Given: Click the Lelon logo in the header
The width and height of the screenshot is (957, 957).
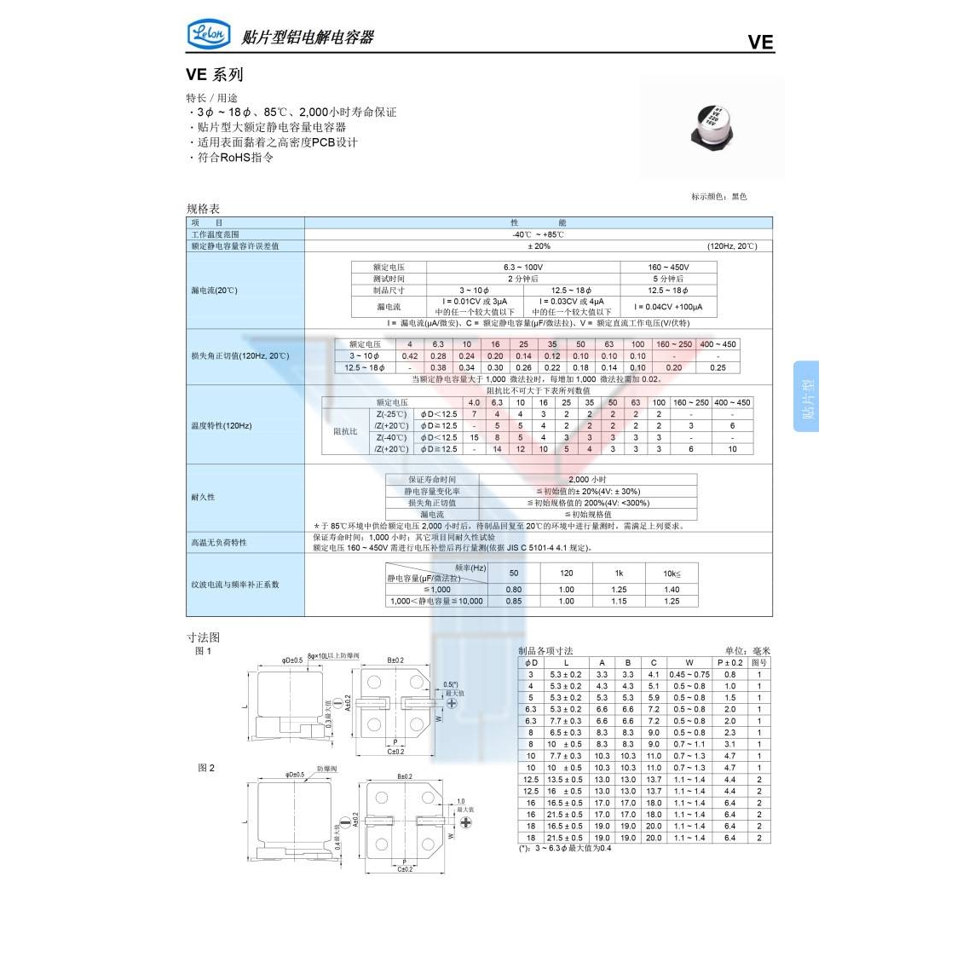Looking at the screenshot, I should tap(208, 34).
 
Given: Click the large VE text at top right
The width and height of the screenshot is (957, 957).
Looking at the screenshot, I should tap(760, 42).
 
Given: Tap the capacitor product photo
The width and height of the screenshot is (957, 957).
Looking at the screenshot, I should tap(712, 126).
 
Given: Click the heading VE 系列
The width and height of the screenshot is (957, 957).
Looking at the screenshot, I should tap(215, 75).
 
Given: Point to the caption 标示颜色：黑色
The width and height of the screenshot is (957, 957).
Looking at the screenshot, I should tap(718, 197).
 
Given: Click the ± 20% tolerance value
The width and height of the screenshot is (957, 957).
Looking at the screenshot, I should tap(539, 246).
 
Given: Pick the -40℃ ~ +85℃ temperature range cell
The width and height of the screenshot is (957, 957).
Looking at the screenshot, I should tap(539, 234).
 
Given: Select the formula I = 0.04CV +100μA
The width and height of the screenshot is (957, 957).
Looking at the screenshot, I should tap(668, 307).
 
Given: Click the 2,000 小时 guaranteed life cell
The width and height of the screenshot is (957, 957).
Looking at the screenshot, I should tap(587, 480).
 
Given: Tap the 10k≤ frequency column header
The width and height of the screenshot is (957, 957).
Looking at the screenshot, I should tap(672, 574).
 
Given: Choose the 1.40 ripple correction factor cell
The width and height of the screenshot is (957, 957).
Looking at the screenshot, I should tap(672, 590).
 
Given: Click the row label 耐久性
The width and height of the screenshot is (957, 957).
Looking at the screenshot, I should tap(204, 497).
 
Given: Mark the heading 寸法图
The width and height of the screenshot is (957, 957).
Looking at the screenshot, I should tap(203, 637).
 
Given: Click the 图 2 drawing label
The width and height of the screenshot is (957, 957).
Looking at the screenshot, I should tap(206, 768).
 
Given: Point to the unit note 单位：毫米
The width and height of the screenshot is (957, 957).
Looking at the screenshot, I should tap(747, 651).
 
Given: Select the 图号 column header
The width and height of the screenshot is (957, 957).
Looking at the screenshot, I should tap(759, 662).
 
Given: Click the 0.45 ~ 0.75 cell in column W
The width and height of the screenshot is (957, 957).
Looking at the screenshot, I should tap(689, 674).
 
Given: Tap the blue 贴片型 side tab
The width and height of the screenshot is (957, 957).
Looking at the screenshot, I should tap(807, 396).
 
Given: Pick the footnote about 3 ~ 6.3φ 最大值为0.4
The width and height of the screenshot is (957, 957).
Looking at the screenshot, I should tap(565, 849).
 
